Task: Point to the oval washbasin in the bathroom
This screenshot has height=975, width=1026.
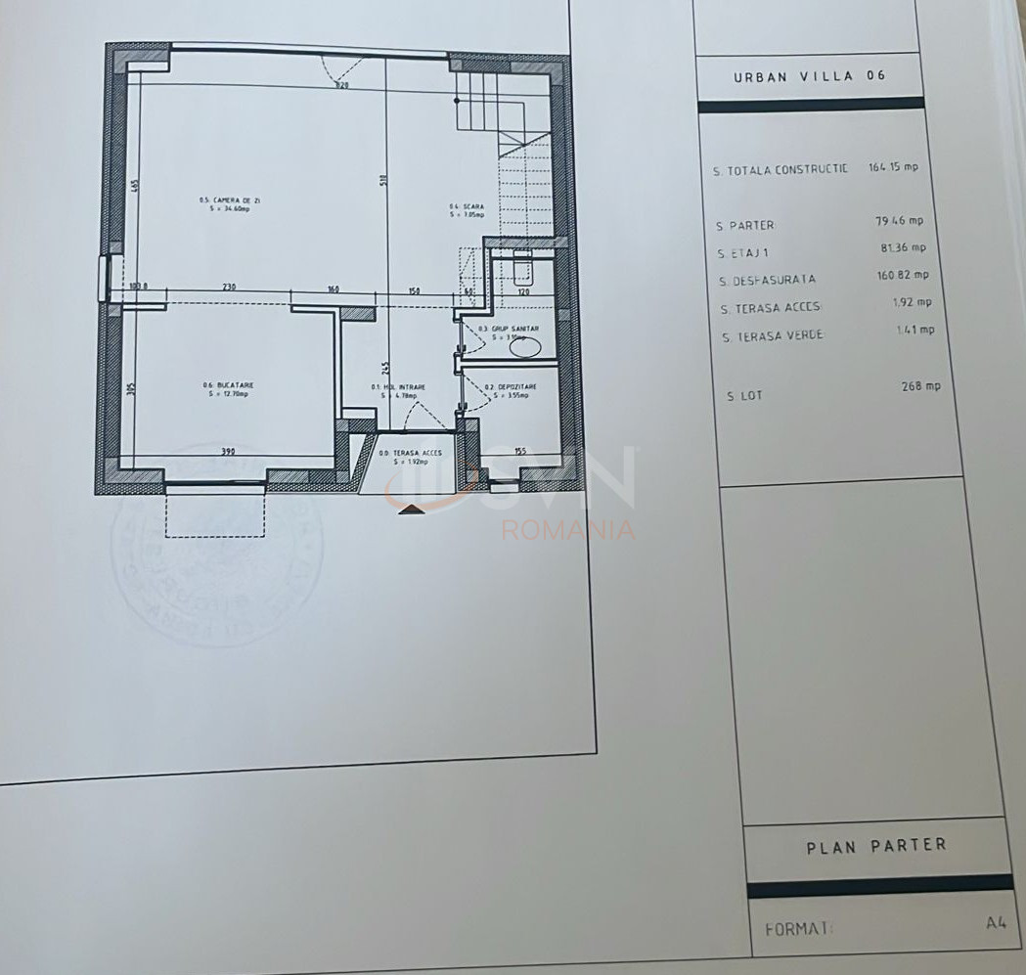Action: (526, 344)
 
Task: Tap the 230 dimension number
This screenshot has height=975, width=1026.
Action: (229, 288)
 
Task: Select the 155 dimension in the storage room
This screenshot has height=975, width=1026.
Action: (520, 452)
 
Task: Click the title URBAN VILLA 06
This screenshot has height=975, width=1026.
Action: (810, 76)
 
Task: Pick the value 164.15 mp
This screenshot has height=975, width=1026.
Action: (893, 167)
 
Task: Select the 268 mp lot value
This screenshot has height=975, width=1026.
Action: (920, 386)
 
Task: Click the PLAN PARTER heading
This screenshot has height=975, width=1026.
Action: (876, 846)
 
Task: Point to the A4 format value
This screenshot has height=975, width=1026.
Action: (997, 921)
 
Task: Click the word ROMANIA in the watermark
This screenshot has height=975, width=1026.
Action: (568, 530)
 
